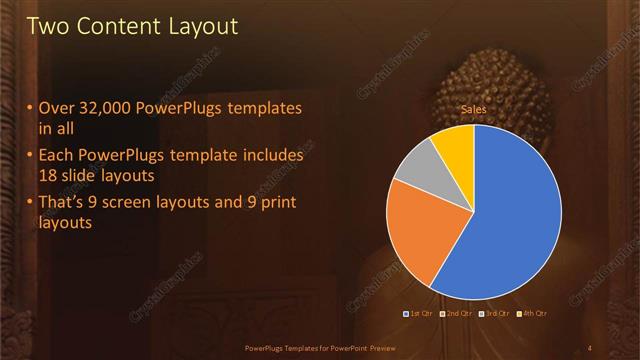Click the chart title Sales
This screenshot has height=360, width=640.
[474, 107]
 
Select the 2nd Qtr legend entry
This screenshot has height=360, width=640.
[456, 314]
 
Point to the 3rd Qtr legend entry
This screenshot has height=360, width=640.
[495, 314]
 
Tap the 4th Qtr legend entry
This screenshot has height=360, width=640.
[532, 314]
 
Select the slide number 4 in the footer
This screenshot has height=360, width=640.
[590, 347]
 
